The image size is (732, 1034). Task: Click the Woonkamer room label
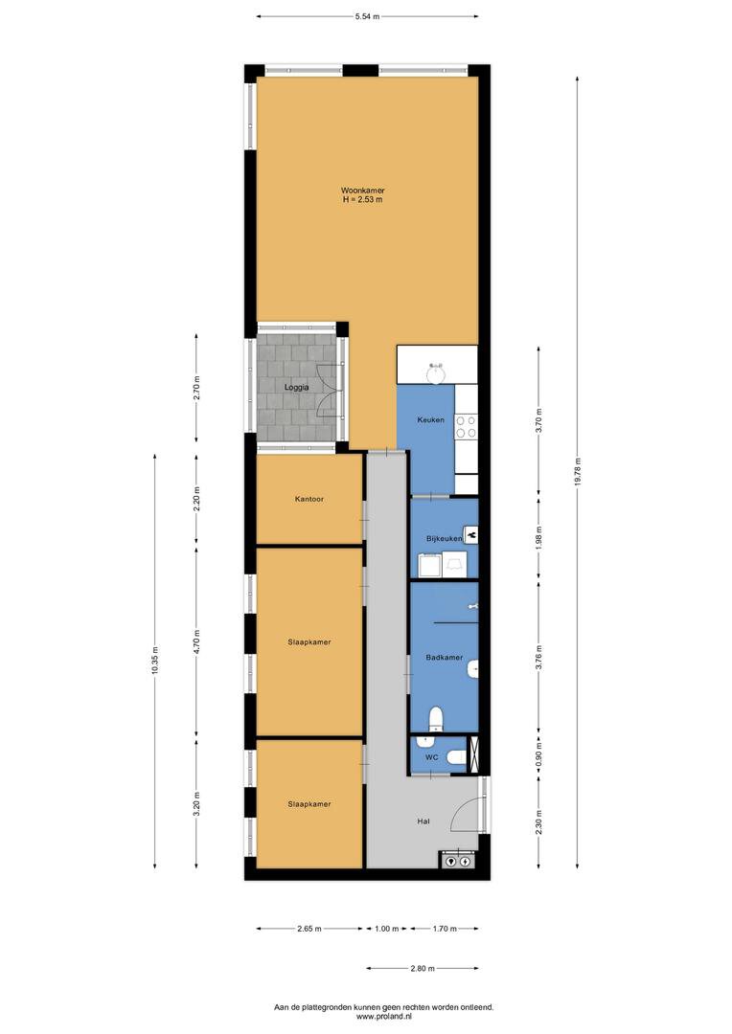pos(362,191)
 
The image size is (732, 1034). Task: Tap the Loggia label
pos(296,387)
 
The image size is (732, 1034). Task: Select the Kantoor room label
pos(309,499)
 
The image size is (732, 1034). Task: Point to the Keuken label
pos(430,419)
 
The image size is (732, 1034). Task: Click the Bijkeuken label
pos(444,539)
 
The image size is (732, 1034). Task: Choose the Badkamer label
pos(444,658)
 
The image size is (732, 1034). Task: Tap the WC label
pos(432,757)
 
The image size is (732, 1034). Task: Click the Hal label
pos(423,821)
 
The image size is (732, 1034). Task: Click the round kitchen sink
pos(436,374)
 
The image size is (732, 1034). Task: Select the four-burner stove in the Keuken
pos(466,427)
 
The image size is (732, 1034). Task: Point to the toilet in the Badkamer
pos(436,718)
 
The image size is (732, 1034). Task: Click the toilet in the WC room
pos(456,757)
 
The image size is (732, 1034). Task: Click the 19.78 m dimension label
pos(577,471)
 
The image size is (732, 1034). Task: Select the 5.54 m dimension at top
pos(367,16)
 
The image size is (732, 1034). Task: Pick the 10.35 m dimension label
pos(155,660)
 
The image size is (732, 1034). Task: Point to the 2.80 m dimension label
pos(423,969)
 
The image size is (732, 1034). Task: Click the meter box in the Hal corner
pos(457,860)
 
